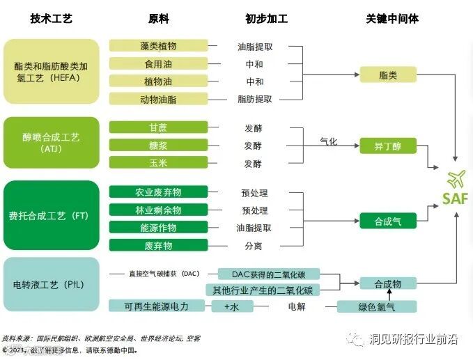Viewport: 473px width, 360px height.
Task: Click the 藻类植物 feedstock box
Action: point(158,46)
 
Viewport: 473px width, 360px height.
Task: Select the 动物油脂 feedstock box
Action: point(158,100)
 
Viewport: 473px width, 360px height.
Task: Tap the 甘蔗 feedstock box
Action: point(158,128)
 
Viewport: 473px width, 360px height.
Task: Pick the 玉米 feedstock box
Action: point(158,163)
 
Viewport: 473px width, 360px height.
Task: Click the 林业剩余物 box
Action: point(158,210)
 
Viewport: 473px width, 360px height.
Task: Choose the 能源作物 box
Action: point(158,228)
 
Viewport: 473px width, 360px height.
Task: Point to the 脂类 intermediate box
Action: point(387,74)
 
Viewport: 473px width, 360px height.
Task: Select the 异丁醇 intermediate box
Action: point(387,146)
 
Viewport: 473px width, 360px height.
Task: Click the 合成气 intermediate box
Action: point(387,221)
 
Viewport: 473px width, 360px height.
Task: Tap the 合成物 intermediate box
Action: point(387,283)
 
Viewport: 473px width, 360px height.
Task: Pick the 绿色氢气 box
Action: point(376,306)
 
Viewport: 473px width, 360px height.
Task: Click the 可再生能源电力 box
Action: point(156,306)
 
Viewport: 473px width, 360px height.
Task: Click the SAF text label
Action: point(456,198)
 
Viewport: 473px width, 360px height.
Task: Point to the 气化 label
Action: point(328,141)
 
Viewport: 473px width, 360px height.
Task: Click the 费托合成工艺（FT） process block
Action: point(52,216)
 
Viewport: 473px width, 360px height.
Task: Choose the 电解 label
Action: point(297,306)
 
